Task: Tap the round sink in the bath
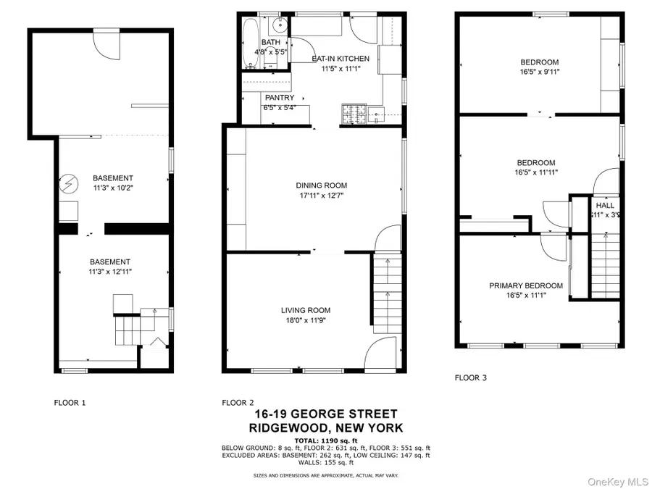(279, 28)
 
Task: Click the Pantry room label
(279, 97)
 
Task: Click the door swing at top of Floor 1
(106, 46)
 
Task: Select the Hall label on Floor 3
(604, 206)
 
